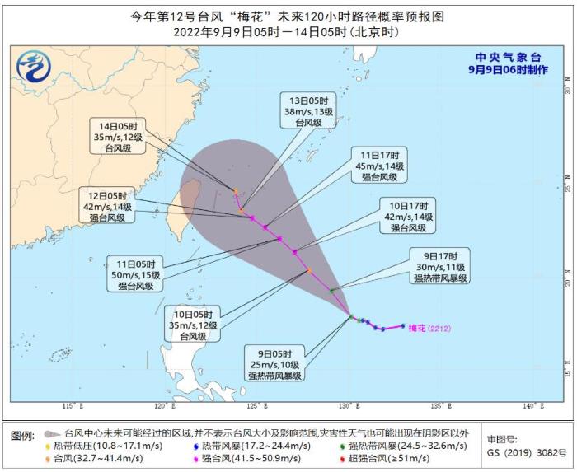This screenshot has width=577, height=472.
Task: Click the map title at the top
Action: coord(288,15)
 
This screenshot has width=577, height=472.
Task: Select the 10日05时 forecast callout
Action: coord(198,325)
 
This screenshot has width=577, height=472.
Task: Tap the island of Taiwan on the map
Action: coord(189,200)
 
